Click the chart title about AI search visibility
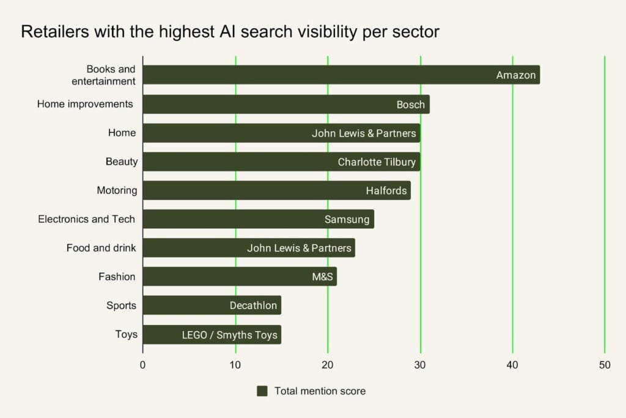coord(230,32)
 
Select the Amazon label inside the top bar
coord(516,75)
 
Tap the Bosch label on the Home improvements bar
coord(410,105)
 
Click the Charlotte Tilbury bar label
coord(377,162)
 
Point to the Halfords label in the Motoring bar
coord(386,191)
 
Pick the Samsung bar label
coord(347,220)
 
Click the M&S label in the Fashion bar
coord(322,277)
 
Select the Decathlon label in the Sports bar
coord(253,305)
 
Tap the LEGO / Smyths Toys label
coord(229,335)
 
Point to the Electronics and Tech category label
coord(86,219)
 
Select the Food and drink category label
coord(101,248)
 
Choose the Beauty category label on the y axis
coord(121,162)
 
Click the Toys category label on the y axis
coord(126,335)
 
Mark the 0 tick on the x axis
coord(143,365)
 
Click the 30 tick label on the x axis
coord(420,365)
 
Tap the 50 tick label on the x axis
coord(605,365)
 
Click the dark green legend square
coord(262,391)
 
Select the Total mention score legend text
coord(320,391)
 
